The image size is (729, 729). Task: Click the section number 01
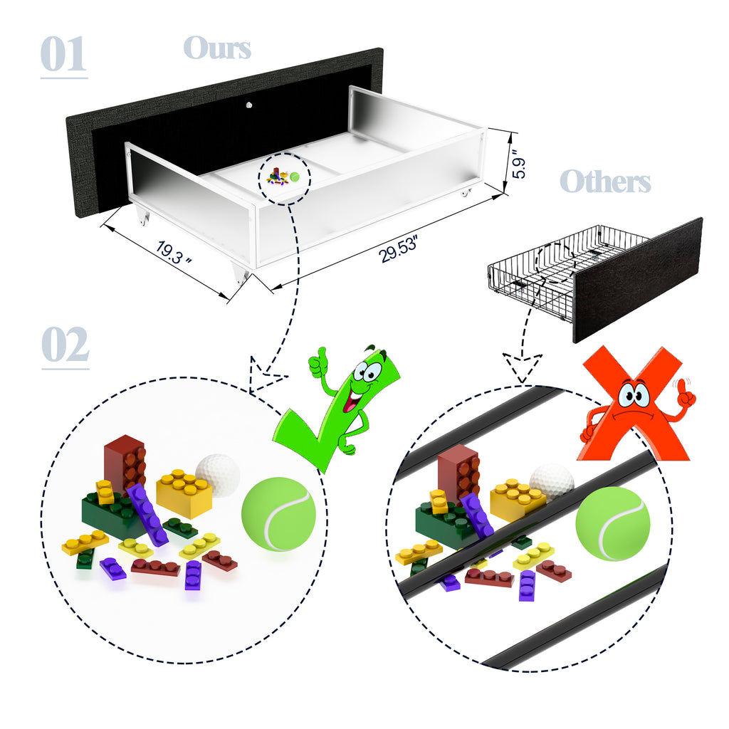(x=63, y=54)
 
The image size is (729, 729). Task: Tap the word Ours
(x=217, y=48)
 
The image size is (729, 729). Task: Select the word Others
(x=605, y=181)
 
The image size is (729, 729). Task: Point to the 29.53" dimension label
(x=399, y=248)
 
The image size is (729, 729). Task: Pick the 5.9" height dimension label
(x=518, y=163)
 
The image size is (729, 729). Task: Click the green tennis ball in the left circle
(x=278, y=514)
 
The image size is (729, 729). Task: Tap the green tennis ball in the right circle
(x=612, y=523)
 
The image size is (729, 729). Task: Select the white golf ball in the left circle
(x=219, y=474)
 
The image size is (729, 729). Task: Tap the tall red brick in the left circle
(x=125, y=465)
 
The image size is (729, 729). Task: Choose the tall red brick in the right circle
(x=458, y=473)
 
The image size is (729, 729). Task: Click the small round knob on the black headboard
(x=249, y=105)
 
